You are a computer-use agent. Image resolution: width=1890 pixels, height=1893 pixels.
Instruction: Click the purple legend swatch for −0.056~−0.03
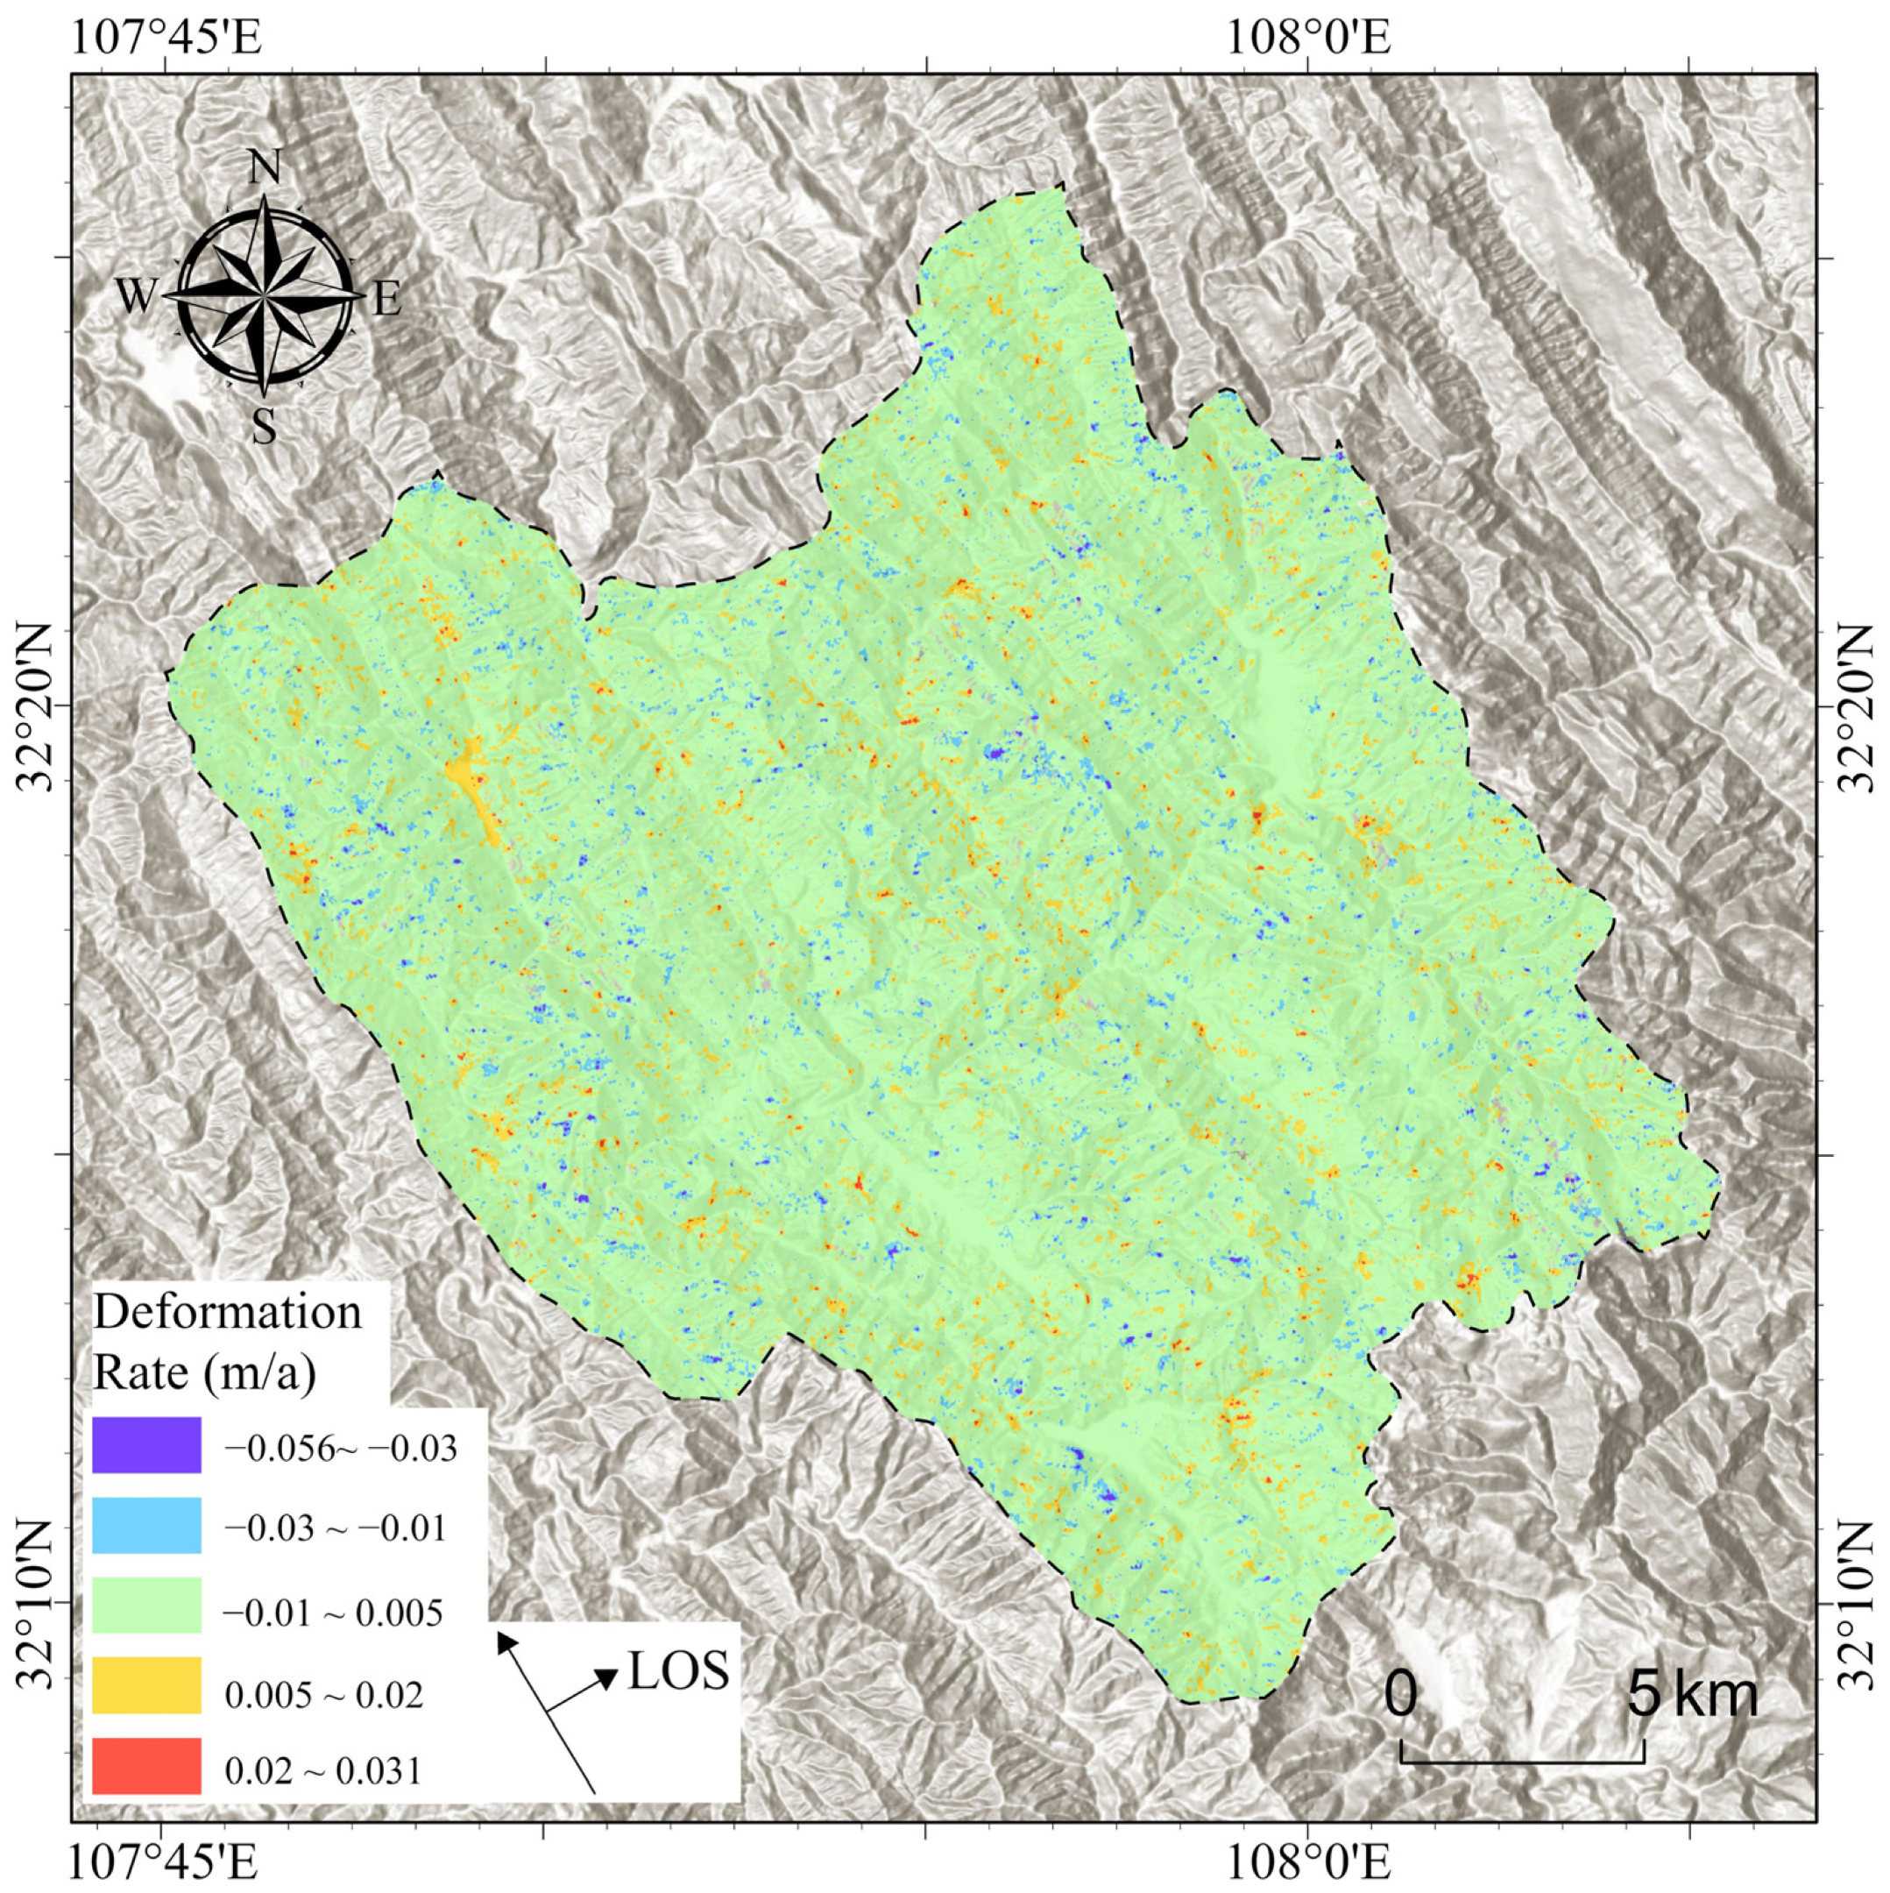146,1444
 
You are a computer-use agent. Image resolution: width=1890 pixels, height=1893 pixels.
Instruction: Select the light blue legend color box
146,1526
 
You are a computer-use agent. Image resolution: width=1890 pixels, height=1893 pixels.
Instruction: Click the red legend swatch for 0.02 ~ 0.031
146,1766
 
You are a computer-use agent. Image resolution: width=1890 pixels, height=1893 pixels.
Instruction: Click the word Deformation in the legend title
227,1312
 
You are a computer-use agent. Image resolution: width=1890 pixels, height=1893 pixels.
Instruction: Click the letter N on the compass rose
265,168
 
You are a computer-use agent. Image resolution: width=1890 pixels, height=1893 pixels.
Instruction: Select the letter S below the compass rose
264,426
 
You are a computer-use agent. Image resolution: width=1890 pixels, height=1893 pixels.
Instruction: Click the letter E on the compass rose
388,299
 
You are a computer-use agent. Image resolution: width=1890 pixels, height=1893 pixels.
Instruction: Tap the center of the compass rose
265,294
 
